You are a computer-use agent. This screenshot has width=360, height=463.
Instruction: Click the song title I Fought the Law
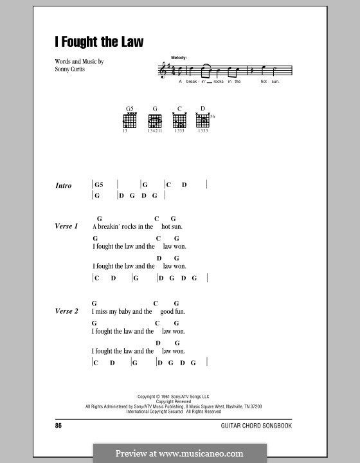(x=99, y=42)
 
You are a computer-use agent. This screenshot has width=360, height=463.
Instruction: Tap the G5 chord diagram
(x=129, y=120)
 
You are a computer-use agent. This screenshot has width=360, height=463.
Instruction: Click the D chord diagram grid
(x=203, y=120)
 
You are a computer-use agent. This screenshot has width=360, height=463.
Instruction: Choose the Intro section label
(x=64, y=185)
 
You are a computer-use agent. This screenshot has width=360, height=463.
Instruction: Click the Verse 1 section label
(x=67, y=227)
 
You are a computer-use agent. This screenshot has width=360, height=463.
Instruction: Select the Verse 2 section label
(x=67, y=311)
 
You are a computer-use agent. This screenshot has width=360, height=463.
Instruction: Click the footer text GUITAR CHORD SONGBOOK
(x=265, y=426)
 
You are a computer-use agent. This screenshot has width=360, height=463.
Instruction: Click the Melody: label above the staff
(x=179, y=58)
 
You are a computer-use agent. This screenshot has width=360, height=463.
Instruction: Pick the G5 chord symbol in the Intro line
(x=99, y=185)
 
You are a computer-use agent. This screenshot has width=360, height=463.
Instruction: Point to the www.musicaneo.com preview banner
(x=179, y=453)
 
